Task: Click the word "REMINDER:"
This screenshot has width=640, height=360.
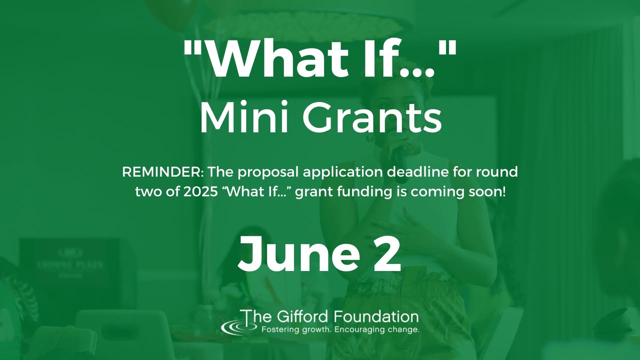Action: (163, 172)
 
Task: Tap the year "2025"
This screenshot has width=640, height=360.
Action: (200, 191)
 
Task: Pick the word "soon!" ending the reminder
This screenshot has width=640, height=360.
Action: (487, 191)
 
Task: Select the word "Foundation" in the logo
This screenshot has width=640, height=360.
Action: (376, 316)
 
